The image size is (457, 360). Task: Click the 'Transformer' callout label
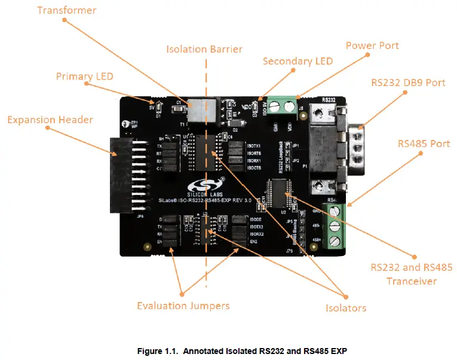click(x=66, y=10)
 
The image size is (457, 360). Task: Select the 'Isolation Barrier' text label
click(x=204, y=48)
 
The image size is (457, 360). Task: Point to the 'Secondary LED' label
click(x=297, y=61)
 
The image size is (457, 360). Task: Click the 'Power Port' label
click(x=372, y=45)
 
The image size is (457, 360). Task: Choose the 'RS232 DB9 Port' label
click(x=409, y=82)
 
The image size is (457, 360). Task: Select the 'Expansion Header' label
click(x=50, y=120)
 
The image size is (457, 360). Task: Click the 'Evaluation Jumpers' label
click(x=183, y=306)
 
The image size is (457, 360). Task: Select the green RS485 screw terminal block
click(x=335, y=227)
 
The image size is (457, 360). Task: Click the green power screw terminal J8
click(x=282, y=106)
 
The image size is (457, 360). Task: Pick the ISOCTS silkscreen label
click(x=254, y=169)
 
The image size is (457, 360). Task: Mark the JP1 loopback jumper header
click(x=294, y=145)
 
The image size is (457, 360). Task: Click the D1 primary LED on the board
click(x=158, y=108)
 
